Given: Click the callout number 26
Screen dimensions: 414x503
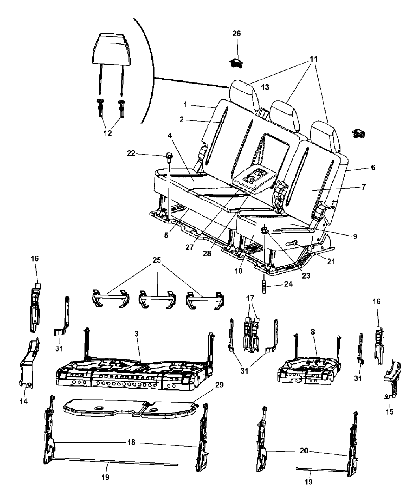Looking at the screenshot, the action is tap(236, 34).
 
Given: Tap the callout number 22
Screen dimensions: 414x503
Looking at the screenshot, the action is tap(131, 153).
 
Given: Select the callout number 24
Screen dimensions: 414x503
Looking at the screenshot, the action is tap(288, 284).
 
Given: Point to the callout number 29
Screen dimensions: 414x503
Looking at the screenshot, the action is tap(219, 385).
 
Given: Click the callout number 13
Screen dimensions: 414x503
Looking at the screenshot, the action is tap(265, 87).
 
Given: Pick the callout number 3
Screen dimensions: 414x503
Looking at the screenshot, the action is tap(136, 334).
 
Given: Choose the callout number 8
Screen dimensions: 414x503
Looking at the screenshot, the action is tap(313, 332).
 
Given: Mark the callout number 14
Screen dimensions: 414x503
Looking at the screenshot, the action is tap(24, 401).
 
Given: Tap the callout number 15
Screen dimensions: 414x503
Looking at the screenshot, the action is tap(390, 412).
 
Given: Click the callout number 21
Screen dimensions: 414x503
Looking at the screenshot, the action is tap(331, 262).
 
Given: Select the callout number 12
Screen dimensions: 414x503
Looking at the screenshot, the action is tap(108, 133).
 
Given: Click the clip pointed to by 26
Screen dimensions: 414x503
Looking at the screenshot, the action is tap(236, 63).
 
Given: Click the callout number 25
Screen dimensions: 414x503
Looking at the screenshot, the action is tap(157, 260).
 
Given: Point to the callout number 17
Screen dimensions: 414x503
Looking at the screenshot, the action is tap(250, 298).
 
